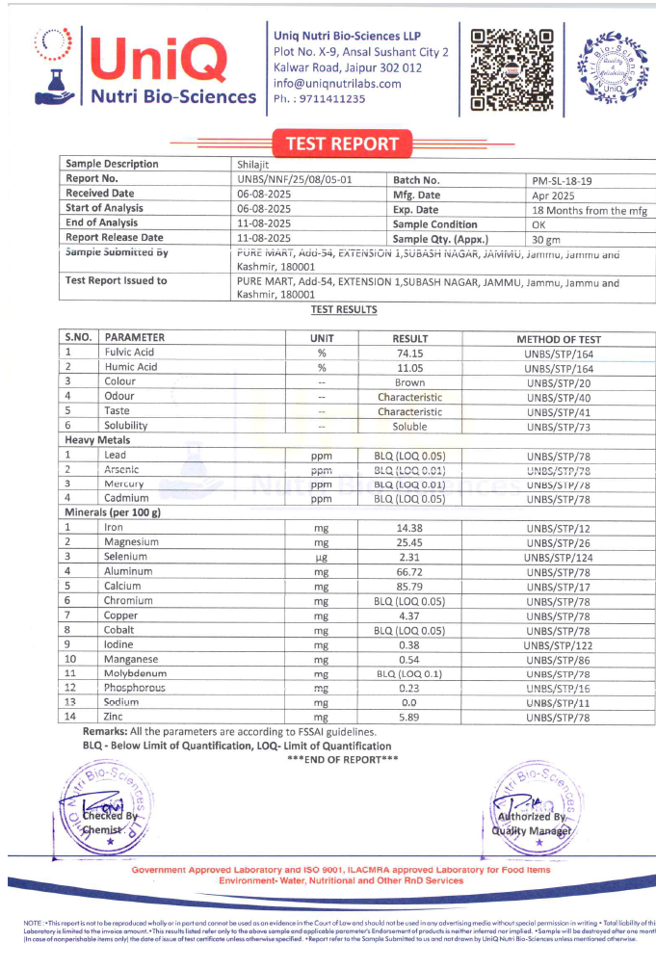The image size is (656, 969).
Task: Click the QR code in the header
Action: click(512, 66)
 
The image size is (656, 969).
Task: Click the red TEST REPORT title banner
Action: click(341, 144)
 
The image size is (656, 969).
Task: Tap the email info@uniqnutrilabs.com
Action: click(336, 84)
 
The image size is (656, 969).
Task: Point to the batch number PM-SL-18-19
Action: click(564, 179)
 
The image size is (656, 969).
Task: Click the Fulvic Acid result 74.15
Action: click(409, 353)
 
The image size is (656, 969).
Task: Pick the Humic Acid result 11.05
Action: click(409, 367)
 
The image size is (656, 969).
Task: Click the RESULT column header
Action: click(409, 338)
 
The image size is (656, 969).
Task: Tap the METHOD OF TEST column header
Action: click(559, 338)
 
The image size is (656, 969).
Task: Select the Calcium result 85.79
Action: click(409, 586)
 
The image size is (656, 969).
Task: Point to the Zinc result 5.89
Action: click(409, 718)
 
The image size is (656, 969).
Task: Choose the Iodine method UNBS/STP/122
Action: click(559, 644)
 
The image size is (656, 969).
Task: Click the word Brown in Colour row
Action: click(409, 382)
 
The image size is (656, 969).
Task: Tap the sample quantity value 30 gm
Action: click(546, 239)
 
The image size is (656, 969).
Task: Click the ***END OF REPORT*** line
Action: click(342, 760)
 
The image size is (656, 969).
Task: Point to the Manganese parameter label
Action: click(133, 659)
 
